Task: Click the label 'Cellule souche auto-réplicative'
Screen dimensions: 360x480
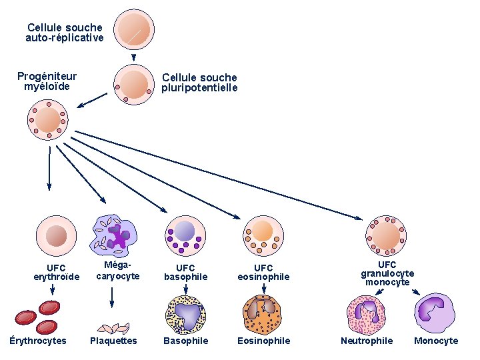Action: click(65, 33)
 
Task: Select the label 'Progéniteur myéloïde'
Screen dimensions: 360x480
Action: click(47, 81)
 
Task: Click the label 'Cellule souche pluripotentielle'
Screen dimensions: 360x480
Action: click(199, 83)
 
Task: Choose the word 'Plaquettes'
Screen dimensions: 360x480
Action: click(113, 341)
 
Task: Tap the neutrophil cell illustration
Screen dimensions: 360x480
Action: click(367, 312)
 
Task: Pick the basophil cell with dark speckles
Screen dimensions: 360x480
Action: click(186, 314)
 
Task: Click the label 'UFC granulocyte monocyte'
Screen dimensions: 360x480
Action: click(387, 273)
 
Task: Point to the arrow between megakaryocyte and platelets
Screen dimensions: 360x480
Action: click(112, 297)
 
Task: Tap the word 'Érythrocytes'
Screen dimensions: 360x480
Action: click(38, 341)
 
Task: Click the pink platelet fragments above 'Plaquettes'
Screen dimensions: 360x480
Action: click(113, 327)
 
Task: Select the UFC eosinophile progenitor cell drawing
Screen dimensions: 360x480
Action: click(264, 235)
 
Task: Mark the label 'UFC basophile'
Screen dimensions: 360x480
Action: click(186, 272)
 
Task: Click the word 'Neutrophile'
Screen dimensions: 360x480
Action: click(367, 341)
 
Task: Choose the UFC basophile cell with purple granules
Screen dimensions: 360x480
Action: click(185, 235)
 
